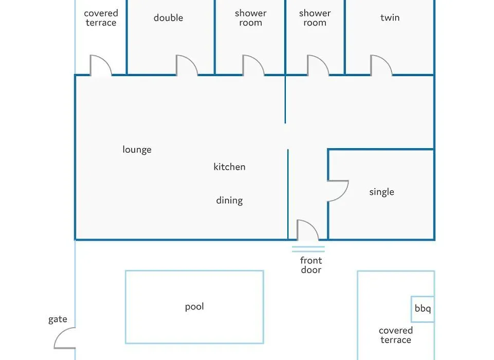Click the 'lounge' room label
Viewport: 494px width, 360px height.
click(137, 150)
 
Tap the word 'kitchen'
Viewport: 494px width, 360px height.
click(229, 167)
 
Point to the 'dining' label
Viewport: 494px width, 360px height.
click(229, 201)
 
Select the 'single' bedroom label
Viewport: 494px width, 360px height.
click(381, 192)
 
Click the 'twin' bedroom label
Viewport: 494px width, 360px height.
click(390, 17)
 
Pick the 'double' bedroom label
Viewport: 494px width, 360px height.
click(168, 17)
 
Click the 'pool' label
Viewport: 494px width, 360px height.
click(194, 307)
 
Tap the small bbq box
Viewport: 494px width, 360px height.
click(423, 309)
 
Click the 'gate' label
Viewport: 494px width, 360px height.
click(58, 319)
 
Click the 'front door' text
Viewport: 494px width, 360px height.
click(311, 265)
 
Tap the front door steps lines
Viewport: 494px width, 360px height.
click(308, 249)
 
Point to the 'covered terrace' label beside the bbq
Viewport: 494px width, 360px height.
click(396, 335)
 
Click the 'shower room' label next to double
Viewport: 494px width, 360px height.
click(250, 18)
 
